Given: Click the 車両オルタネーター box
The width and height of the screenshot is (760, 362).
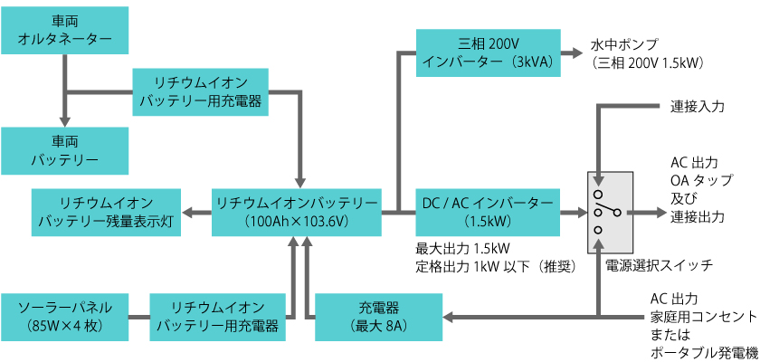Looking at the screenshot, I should (x=65, y=30).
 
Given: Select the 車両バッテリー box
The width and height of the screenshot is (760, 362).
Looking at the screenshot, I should (x=65, y=151).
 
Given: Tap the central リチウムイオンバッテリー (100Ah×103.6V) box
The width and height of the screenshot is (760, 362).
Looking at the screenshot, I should (x=297, y=212).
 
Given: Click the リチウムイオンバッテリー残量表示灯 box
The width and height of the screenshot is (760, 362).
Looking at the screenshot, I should (x=107, y=212).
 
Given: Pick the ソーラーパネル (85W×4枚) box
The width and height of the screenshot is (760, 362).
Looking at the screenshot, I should (x=65, y=316).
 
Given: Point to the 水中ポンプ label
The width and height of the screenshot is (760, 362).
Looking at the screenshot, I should (x=624, y=44).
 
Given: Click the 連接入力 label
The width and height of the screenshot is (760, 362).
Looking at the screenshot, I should (x=698, y=106).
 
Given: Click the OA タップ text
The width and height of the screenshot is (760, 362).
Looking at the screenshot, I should (x=696, y=180).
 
